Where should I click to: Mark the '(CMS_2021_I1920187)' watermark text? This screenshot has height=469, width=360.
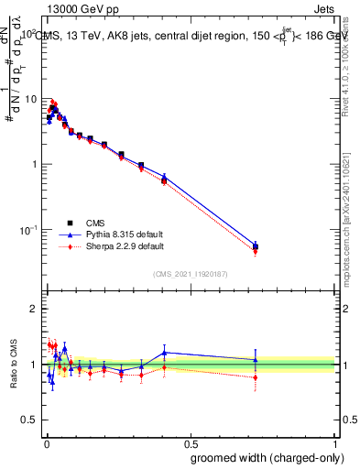pyautogui.click(x=191, y=273)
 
